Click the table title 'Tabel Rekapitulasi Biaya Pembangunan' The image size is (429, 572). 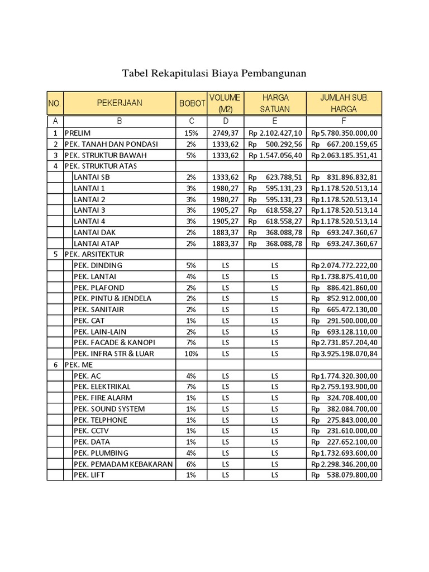click(x=214, y=74)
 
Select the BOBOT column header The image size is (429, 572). click(x=192, y=103)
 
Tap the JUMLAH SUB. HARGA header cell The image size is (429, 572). click(x=344, y=103)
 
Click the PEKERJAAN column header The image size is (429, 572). click(x=120, y=103)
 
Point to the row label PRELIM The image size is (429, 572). click(x=78, y=133)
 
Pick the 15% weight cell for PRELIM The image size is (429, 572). click(x=191, y=133)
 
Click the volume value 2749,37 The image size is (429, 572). click(x=225, y=133)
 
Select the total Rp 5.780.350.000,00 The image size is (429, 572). click(x=344, y=133)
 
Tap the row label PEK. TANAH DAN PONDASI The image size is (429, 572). click(x=111, y=144)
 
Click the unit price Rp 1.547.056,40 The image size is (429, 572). click(x=275, y=155)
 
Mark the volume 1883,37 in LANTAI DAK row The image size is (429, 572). click(x=225, y=232)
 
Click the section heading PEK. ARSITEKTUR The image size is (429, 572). click(x=94, y=254)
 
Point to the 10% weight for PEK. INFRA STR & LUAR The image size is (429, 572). click(x=191, y=354)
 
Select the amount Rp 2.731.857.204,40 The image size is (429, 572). click(x=344, y=342)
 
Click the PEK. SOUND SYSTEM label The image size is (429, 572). click(x=109, y=409)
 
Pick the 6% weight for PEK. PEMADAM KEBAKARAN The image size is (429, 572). click(x=191, y=464)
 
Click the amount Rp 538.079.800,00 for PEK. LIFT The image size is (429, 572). click(x=344, y=475)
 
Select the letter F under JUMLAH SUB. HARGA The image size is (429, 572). click(x=344, y=120)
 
